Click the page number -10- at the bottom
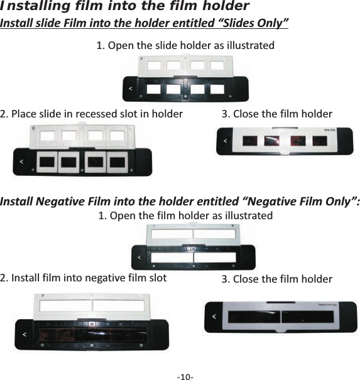185,376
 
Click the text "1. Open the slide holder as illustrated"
185,46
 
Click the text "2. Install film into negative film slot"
84,277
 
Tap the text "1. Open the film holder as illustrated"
185,215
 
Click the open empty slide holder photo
185,78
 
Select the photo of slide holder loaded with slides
82,149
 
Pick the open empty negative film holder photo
193,246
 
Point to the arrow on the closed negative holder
214,317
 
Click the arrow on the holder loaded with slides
22,162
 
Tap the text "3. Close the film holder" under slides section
277,114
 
